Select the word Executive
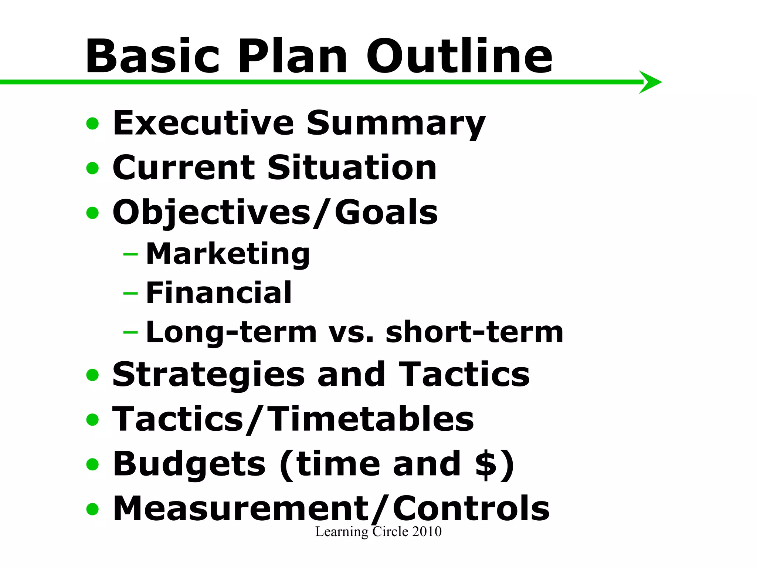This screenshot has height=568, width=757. click(x=203, y=123)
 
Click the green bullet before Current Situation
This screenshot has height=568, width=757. click(x=92, y=168)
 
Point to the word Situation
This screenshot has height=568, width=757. click(x=352, y=168)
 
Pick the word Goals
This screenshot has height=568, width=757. click(x=386, y=212)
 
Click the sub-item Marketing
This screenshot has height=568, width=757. click(x=228, y=254)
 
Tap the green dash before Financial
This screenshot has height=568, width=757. click(x=130, y=293)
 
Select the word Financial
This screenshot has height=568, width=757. click(x=219, y=293)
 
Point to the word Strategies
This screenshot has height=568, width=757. click(x=208, y=375)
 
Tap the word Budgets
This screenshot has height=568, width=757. click(x=189, y=464)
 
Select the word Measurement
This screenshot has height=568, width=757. click(x=241, y=509)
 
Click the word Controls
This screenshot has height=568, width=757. click(x=471, y=509)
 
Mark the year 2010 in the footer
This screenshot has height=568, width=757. click(x=427, y=532)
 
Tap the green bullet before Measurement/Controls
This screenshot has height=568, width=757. click(x=92, y=509)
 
